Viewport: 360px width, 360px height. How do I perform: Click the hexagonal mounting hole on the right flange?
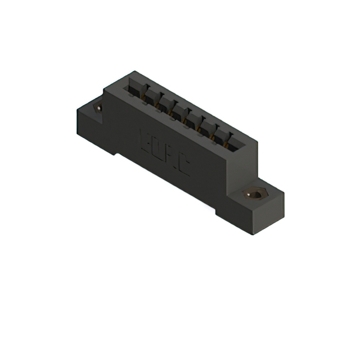pyautogui.click(x=254, y=195)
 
